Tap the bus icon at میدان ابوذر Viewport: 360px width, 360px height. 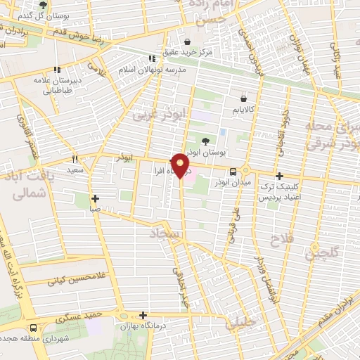click(231, 172)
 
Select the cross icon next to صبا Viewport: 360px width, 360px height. click(95, 198)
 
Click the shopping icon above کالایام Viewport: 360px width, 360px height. click(244, 98)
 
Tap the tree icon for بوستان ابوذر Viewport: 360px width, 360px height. click(205, 141)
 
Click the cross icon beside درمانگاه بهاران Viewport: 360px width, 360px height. click(143, 315)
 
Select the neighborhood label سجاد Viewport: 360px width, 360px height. click(163, 233)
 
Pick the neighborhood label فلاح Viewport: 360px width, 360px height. click(281, 242)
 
